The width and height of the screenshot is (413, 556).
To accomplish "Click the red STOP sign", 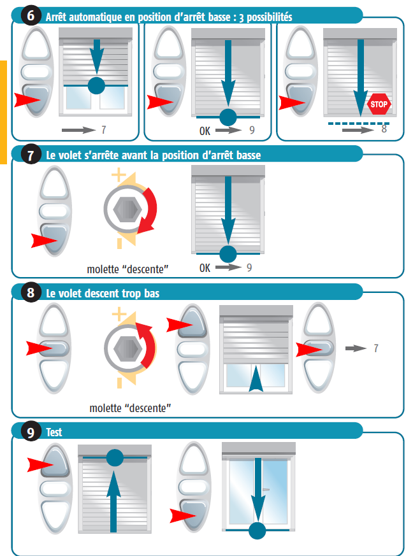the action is coord(379,104).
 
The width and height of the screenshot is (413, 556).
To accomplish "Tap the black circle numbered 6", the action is coord(31,15).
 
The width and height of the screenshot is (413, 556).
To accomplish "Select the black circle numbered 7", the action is coord(31,154).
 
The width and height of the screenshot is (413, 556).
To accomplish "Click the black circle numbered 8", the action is coord(31,292).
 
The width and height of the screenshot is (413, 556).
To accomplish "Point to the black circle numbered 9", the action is coord(31,432).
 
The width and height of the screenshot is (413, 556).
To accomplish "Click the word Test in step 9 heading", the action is coord(54,432).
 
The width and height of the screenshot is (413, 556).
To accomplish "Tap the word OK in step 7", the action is coord(205,267).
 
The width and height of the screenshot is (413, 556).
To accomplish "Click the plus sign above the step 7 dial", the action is coord(119,175).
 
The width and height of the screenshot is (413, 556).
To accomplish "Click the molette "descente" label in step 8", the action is coord(130,408).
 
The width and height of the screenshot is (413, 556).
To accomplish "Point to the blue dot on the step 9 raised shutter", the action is coord(115,457).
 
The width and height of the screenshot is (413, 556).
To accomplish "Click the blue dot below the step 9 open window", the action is coord(257,531).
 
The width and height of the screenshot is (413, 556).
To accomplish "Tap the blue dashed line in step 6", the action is coord(358,124).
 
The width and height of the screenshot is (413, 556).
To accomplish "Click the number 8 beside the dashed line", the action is coord(384,129).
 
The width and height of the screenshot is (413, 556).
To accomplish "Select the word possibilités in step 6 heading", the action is coord(270,17).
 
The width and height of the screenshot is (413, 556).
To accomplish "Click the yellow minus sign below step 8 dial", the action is coord(120,383).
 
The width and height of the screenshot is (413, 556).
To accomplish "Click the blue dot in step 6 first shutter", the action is coord(96,85).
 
